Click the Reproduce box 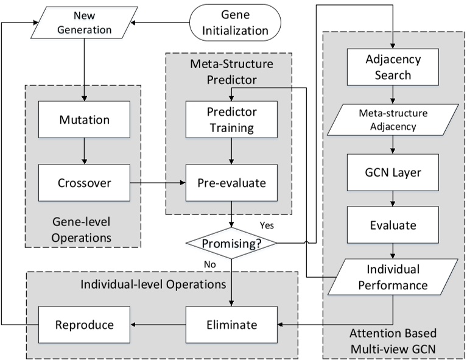point(85,325)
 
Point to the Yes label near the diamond point(267,225)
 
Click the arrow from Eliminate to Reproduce point(158,325)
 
